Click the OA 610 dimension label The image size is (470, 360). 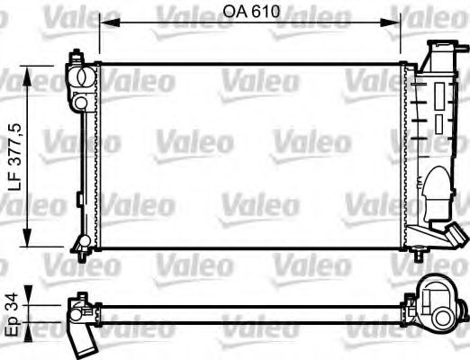(x=249, y=13)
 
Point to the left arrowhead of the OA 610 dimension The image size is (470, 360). (x=102, y=24)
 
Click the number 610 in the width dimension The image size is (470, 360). (x=261, y=13)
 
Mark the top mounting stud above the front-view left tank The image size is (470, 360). (x=72, y=55)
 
